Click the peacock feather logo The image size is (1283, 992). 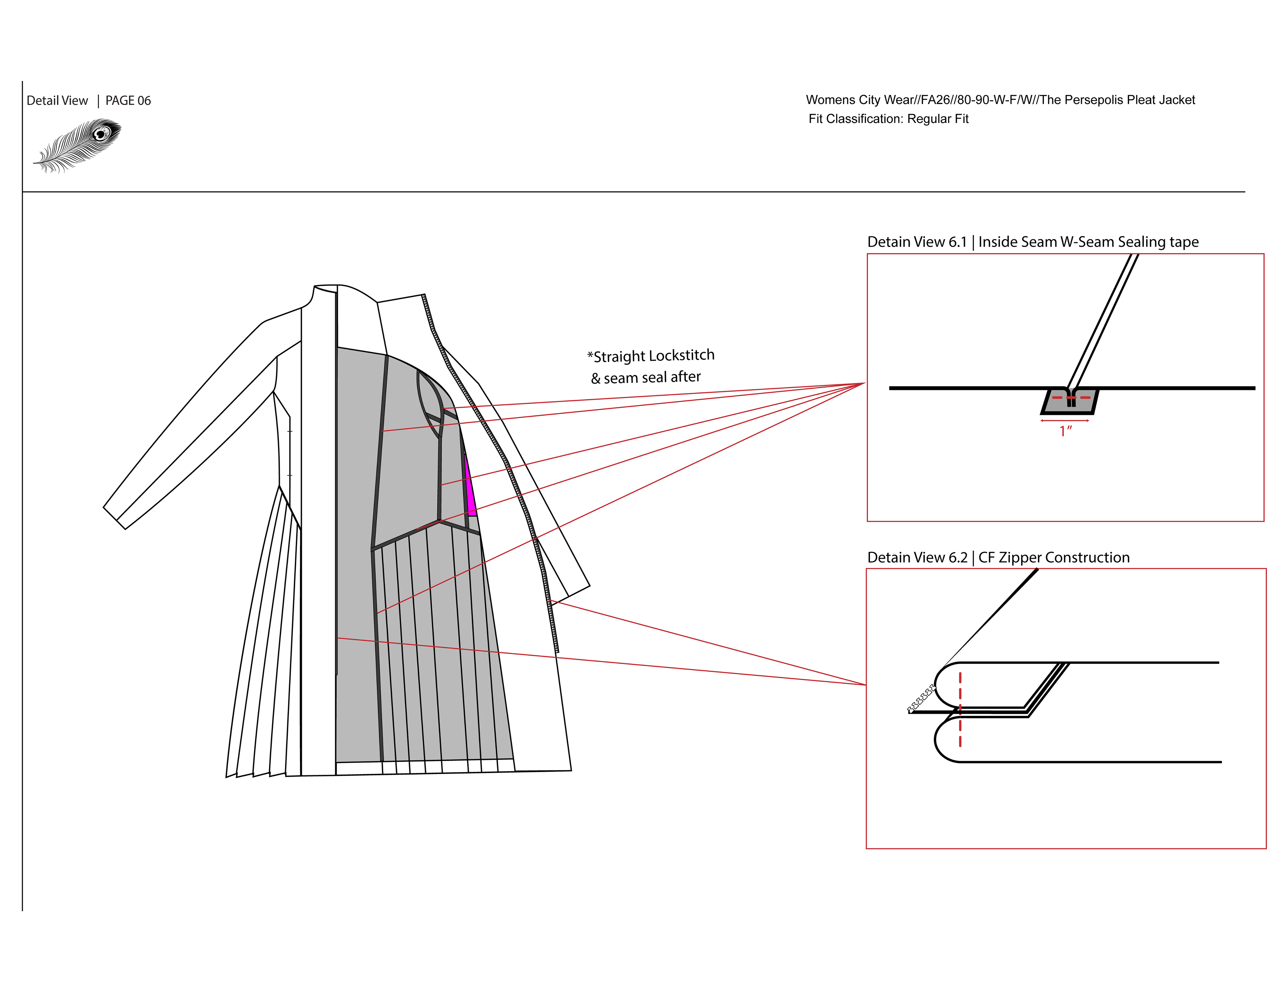tap(78, 145)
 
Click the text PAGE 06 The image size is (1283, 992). tap(128, 101)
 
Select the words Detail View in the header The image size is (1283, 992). tap(57, 101)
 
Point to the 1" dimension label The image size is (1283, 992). tap(1065, 431)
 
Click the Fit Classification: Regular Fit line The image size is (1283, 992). tap(888, 119)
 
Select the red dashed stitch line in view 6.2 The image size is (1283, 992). tap(960, 711)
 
